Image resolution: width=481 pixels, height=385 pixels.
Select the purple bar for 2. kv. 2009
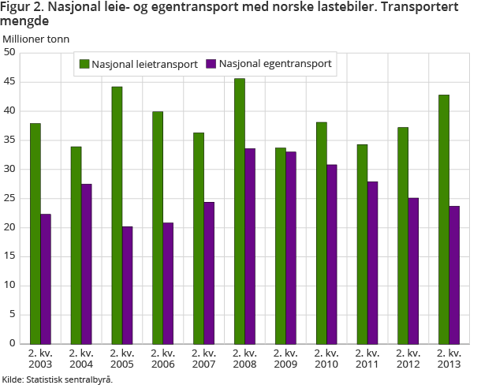coord(291,248)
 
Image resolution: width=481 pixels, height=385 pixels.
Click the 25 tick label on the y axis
coord(10,199)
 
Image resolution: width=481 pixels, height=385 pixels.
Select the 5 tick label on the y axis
coord(13,315)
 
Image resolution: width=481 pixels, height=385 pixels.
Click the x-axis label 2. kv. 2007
coord(203,359)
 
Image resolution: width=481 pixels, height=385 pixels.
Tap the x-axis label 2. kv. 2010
coord(326,359)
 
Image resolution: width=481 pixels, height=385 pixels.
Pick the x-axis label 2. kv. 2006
coord(162,359)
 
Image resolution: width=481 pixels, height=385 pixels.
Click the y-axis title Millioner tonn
coord(35,38)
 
